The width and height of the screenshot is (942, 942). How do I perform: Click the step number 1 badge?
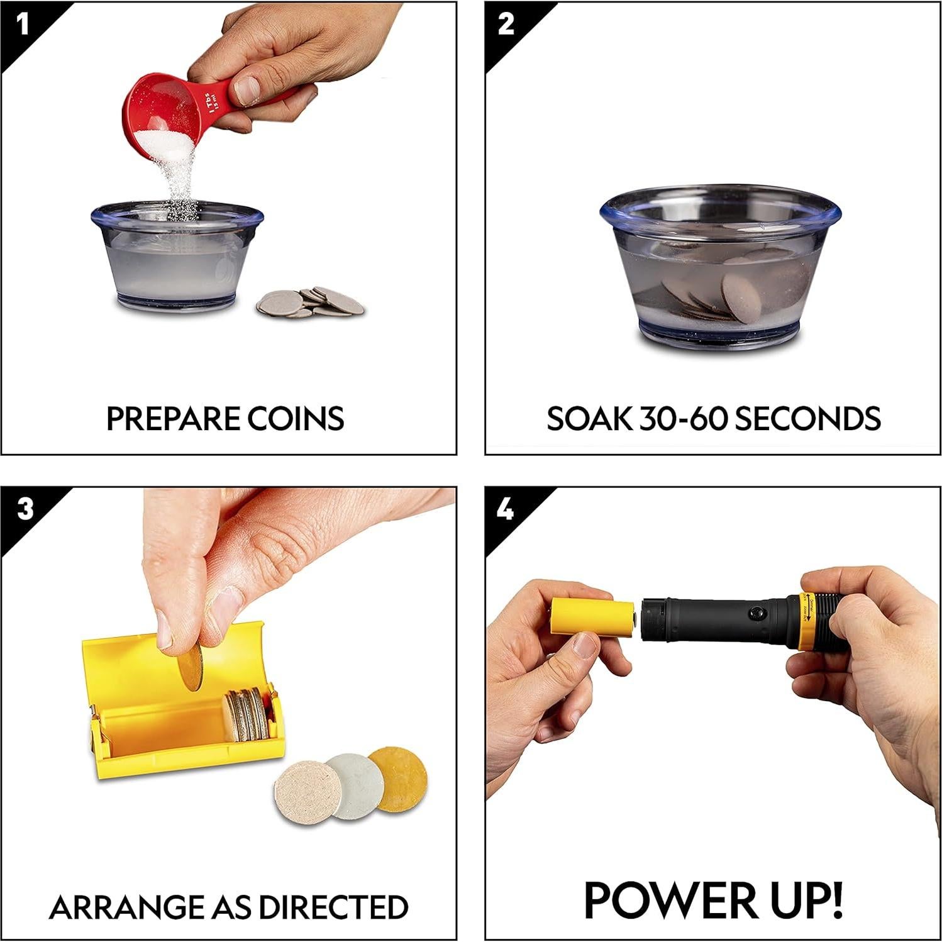tap(23, 25)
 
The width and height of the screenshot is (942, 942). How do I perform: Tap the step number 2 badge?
tap(506, 25)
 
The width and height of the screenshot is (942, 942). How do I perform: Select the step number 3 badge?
tap(24, 509)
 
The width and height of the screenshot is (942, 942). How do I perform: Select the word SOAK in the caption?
tap(589, 419)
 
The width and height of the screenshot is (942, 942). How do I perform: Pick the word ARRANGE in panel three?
tap(126, 907)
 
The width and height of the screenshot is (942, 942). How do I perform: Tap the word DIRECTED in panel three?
tap(334, 907)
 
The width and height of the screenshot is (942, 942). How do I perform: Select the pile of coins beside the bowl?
tap(311, 302)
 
